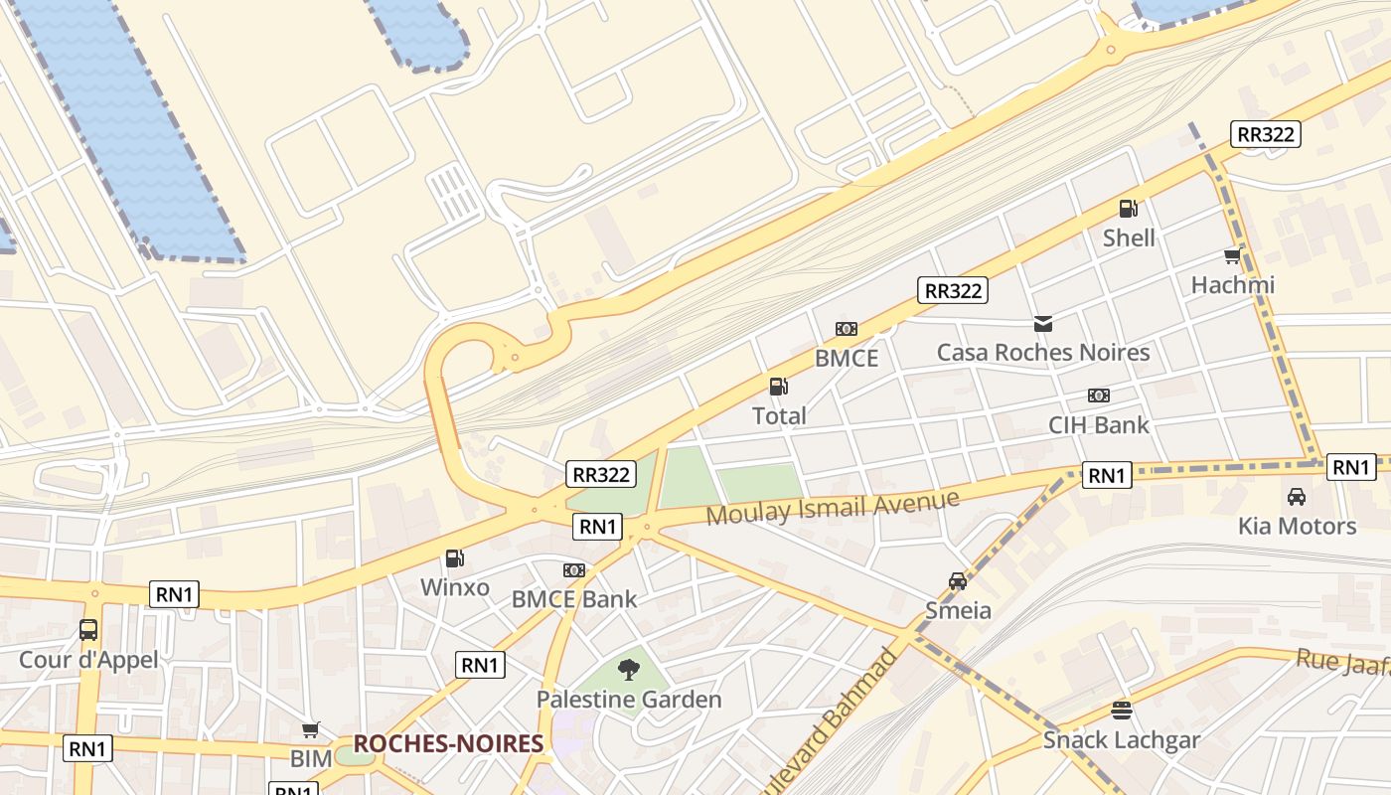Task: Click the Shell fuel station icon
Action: coord(1128,209)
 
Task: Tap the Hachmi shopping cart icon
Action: coord(1233,256)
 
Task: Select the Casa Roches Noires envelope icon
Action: coord(1043,323)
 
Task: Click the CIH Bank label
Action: coord(1098,425)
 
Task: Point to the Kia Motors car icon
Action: coord(1296,497)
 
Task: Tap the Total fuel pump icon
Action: coord(778,387)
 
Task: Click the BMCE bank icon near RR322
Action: coord(847,329)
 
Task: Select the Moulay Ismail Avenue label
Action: coord(833,507)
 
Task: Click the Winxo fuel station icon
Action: coord(454,558)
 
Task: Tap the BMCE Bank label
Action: coord(573,599)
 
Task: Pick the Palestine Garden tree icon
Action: coord(628,670)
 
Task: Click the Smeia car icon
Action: coord(957,581)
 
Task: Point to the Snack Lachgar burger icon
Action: coord(1122,711)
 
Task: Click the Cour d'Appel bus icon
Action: coord(88,630)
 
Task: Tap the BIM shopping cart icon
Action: coord(311,730)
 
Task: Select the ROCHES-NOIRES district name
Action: coord(448,743)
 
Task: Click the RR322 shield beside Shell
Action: coord(1265,134)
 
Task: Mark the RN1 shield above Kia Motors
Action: coord(1351,467)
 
